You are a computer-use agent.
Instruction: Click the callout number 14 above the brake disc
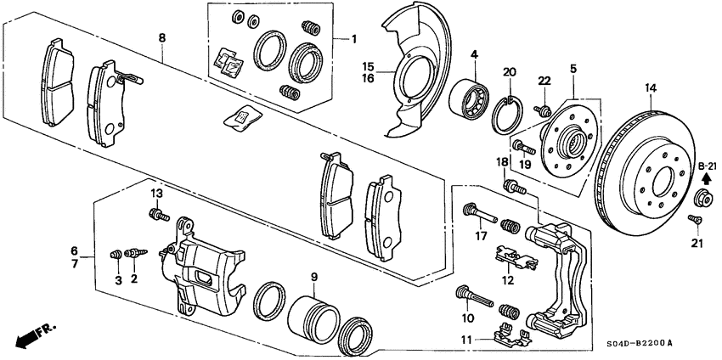pos(651,87)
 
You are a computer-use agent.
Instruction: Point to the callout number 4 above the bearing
pos(474,55)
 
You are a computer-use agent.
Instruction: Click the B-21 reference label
pos(708,166)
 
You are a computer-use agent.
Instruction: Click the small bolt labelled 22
pos(540,110)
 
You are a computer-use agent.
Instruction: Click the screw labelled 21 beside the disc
pos(694,221)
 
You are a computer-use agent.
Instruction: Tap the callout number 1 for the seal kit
pos(355,39)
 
